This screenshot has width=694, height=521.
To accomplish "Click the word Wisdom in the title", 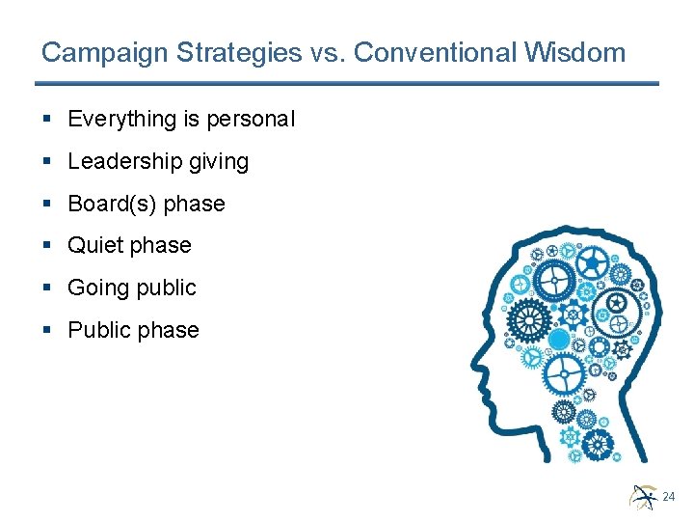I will (x=580, y=52).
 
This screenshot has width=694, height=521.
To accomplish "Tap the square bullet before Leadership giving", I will (x=48, y=162).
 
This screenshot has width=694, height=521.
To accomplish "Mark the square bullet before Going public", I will (x=48, y=288).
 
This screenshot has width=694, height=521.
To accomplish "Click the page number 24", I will (x=669, y=497).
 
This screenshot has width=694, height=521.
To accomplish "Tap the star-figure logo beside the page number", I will (x=643, y=495).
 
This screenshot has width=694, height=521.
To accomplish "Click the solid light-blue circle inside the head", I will (x=559, y=339).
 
